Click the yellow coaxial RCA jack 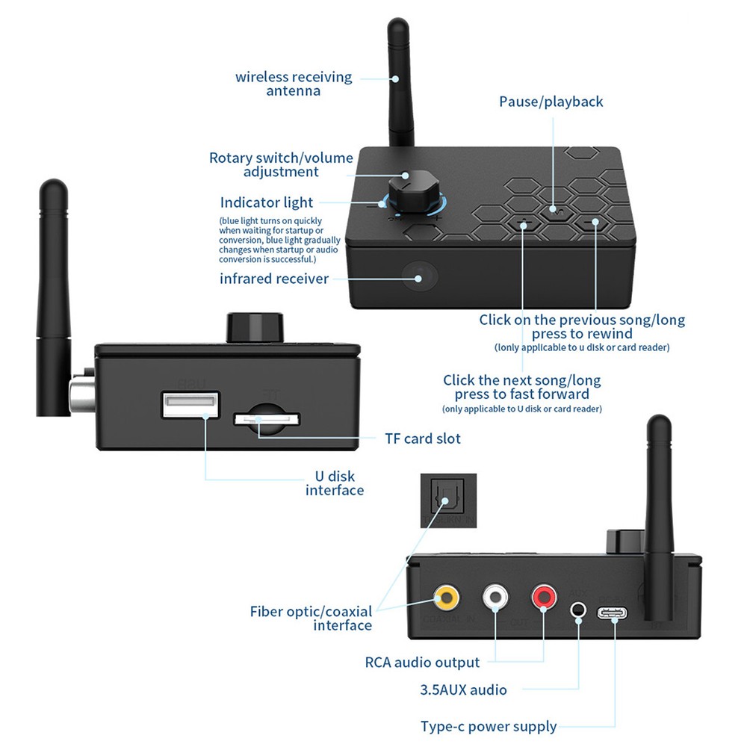tap(447, 597)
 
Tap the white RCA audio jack tap(497, 597)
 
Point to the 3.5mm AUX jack tap(577, 609)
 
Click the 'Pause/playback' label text tap(551, 102)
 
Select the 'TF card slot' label tap(422, 438)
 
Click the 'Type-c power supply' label tap(489, 726)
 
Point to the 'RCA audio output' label tap(422, 662)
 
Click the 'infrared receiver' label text tap(274, 279)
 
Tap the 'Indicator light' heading tap(267, 202)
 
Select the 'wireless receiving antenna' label tap(294, 84)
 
